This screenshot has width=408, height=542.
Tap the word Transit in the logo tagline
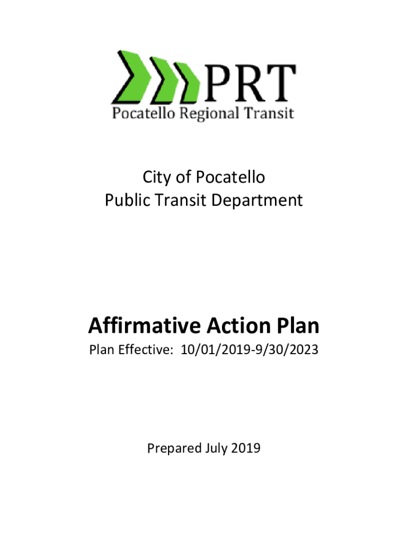tap(269, 113)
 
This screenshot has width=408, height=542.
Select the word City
tap(157, 178)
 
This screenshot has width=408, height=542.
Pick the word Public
tap(127, 200)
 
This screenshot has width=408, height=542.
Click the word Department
tap(257, 201)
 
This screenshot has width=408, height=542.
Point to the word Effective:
tap(145, 349)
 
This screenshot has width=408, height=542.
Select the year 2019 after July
tap(246, 448)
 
